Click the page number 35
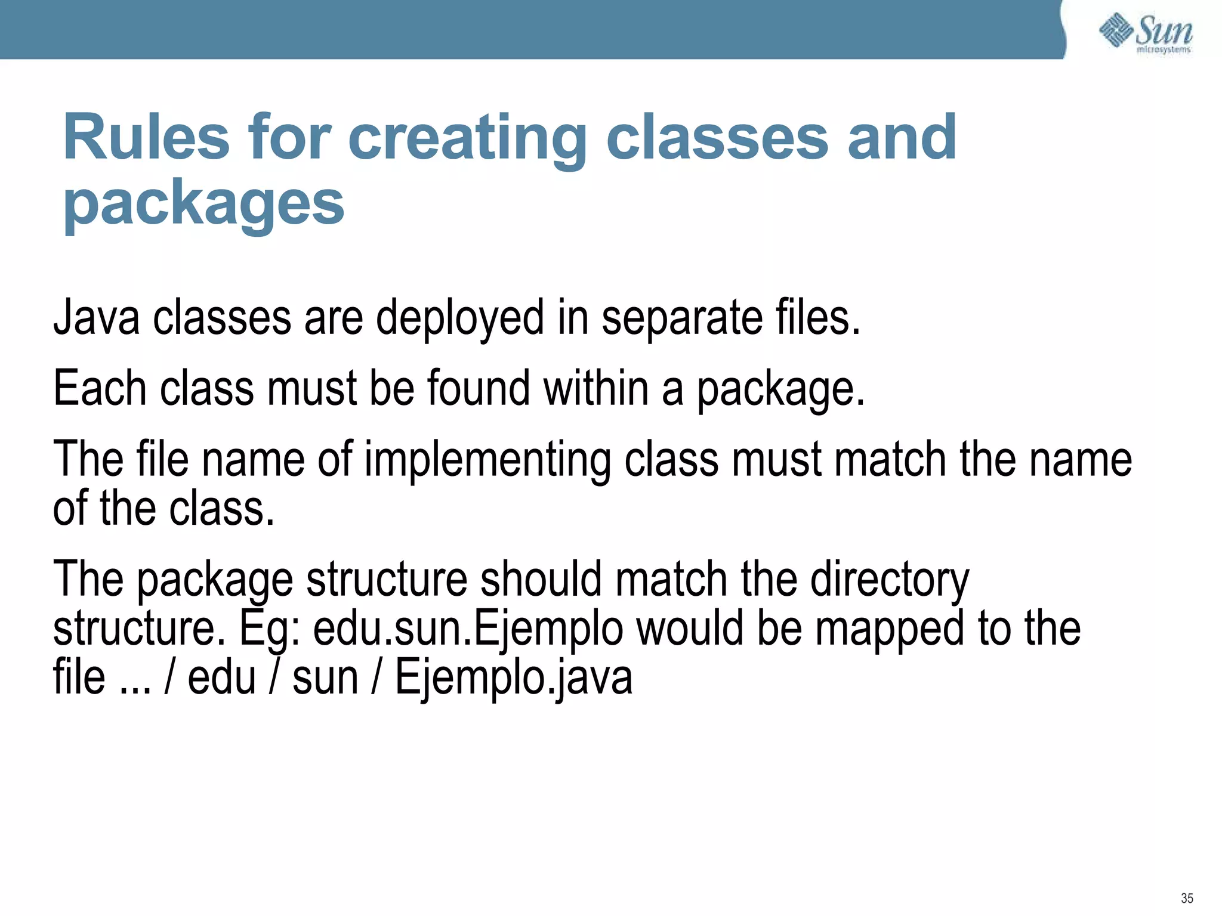point(1187,898)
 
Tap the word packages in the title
point(203,204)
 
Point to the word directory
point(889,580)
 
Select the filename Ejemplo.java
point(513,679)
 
